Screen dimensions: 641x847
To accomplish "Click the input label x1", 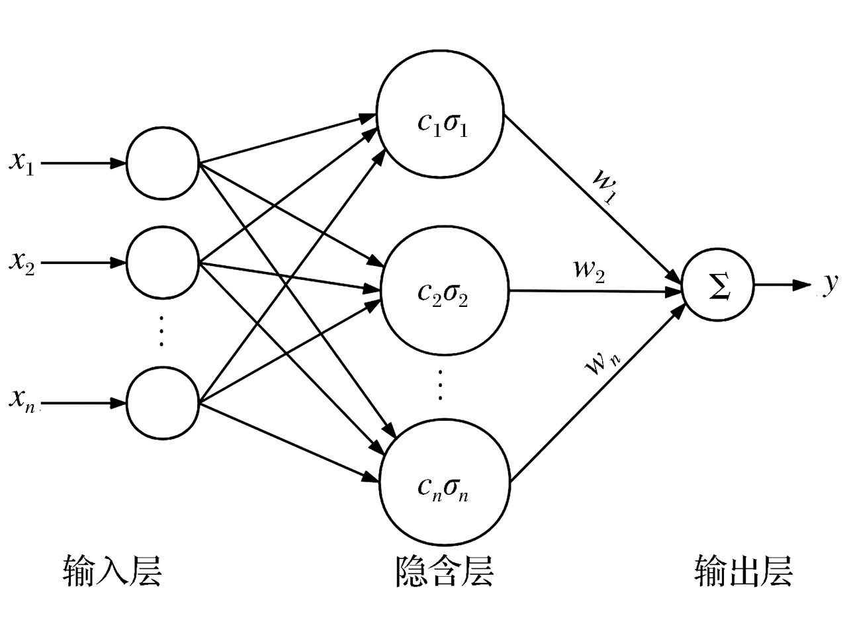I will pos(22,163).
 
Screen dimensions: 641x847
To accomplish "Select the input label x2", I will pos(22,263).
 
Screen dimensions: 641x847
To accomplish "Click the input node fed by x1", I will pos(162,163).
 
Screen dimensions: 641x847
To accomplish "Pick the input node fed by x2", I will pos(162,263).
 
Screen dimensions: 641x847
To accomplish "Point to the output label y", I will pos(830,283).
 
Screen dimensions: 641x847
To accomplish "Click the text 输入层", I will pos(112,570).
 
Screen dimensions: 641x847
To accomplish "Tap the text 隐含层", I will pos(444,570).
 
